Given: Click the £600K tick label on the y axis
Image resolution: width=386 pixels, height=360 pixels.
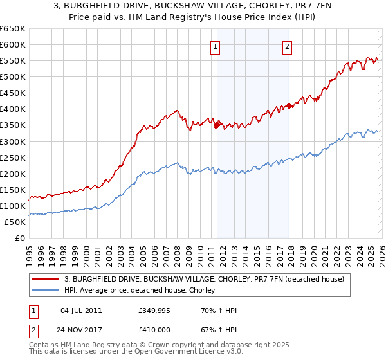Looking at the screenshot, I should coord(13,44).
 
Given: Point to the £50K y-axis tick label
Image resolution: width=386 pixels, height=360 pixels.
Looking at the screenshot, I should coord(15,222).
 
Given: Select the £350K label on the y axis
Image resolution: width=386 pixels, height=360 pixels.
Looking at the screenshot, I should coord(13,125).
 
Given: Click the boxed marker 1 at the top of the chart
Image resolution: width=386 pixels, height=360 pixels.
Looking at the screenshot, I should coord(214,46).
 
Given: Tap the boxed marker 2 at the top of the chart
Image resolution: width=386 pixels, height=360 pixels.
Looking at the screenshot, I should coord(287,46).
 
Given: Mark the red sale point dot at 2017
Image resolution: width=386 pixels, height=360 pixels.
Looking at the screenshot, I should coord(289,105).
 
